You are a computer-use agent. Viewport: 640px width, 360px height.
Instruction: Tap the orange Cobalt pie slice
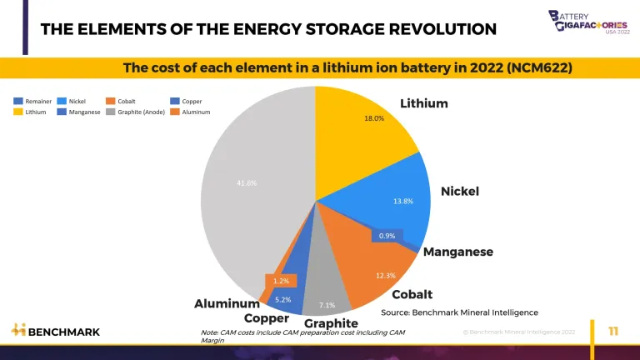375,267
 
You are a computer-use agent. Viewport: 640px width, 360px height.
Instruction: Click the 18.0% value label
374,118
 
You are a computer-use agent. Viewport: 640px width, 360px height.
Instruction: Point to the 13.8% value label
402,201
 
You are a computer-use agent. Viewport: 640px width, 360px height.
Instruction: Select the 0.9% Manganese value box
387,236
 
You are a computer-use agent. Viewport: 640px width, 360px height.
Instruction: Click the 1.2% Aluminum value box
281,281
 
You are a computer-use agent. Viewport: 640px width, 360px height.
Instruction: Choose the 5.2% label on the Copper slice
283,298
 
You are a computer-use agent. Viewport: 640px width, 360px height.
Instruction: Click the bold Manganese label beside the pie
458,252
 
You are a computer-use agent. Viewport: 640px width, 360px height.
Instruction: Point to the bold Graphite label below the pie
331,323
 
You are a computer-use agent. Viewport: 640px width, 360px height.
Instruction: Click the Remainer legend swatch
17,102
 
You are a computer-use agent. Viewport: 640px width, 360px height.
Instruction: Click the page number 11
613,331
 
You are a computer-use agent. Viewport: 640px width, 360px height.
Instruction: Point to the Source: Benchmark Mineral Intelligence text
459,312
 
